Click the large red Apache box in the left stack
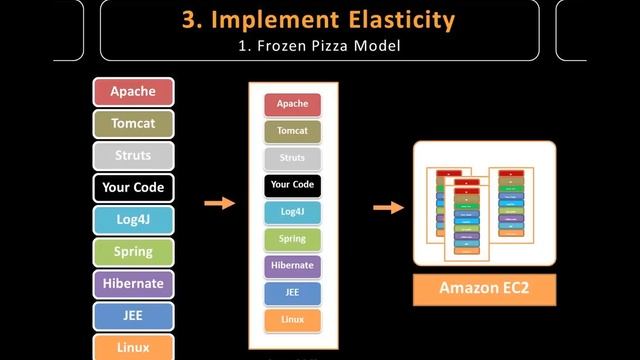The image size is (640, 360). pyautogui.click(x=133, y=92)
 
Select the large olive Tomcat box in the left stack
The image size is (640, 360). pyautogui.click(x=133, y=124)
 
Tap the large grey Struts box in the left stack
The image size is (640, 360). pyautogui.click(x=133, y=156)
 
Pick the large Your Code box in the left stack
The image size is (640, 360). pyautogui.click(x=133, y=187)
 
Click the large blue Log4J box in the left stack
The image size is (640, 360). pyautogui.click(x=133, y=219)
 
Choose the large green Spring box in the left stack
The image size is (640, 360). pyautogui.click(x=133, y=251)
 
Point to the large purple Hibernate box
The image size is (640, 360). pyautogui.click(x=133, y=283)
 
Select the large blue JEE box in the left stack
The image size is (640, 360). pyautogui.click(x=133, y=315)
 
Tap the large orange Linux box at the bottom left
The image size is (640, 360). pyautogui.click(x=133, y=346)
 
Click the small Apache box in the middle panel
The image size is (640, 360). pyautogui.click(x=292, y=104)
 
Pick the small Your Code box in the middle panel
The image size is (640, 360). pyautogui.click(x=292, y=185)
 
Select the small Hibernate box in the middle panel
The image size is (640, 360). pyautogui.click(x=292, y=266)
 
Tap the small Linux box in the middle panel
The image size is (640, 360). pyautogui.click(x=292, y=320)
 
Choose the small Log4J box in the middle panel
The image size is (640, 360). pyautogui.click(x=292, y=212)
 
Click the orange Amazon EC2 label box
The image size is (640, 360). pyautogui.click(x=484, y=289)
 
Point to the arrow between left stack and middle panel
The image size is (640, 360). pyautogui.click(x=219, y=204)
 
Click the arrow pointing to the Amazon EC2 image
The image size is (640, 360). pyautogui.click(x=388, y=208)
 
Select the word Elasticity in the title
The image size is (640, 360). pyautogui.click(x=394, y=19)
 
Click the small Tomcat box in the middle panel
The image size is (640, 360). pyautogui.click(x=292, y=131)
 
